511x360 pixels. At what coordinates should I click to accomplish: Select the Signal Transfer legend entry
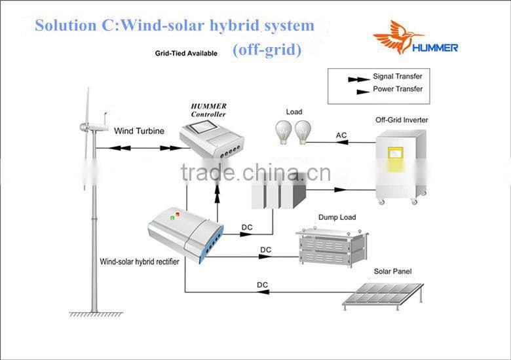[398, 77]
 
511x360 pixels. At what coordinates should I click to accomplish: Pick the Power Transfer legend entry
[398, 89]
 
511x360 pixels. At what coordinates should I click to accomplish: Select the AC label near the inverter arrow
[341, 135]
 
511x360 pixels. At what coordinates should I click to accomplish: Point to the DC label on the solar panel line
[262, 285]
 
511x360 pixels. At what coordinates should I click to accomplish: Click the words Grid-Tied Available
[186, 54]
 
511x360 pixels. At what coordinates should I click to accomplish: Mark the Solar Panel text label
[393, 271]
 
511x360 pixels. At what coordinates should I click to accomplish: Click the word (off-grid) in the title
[267, 50]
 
